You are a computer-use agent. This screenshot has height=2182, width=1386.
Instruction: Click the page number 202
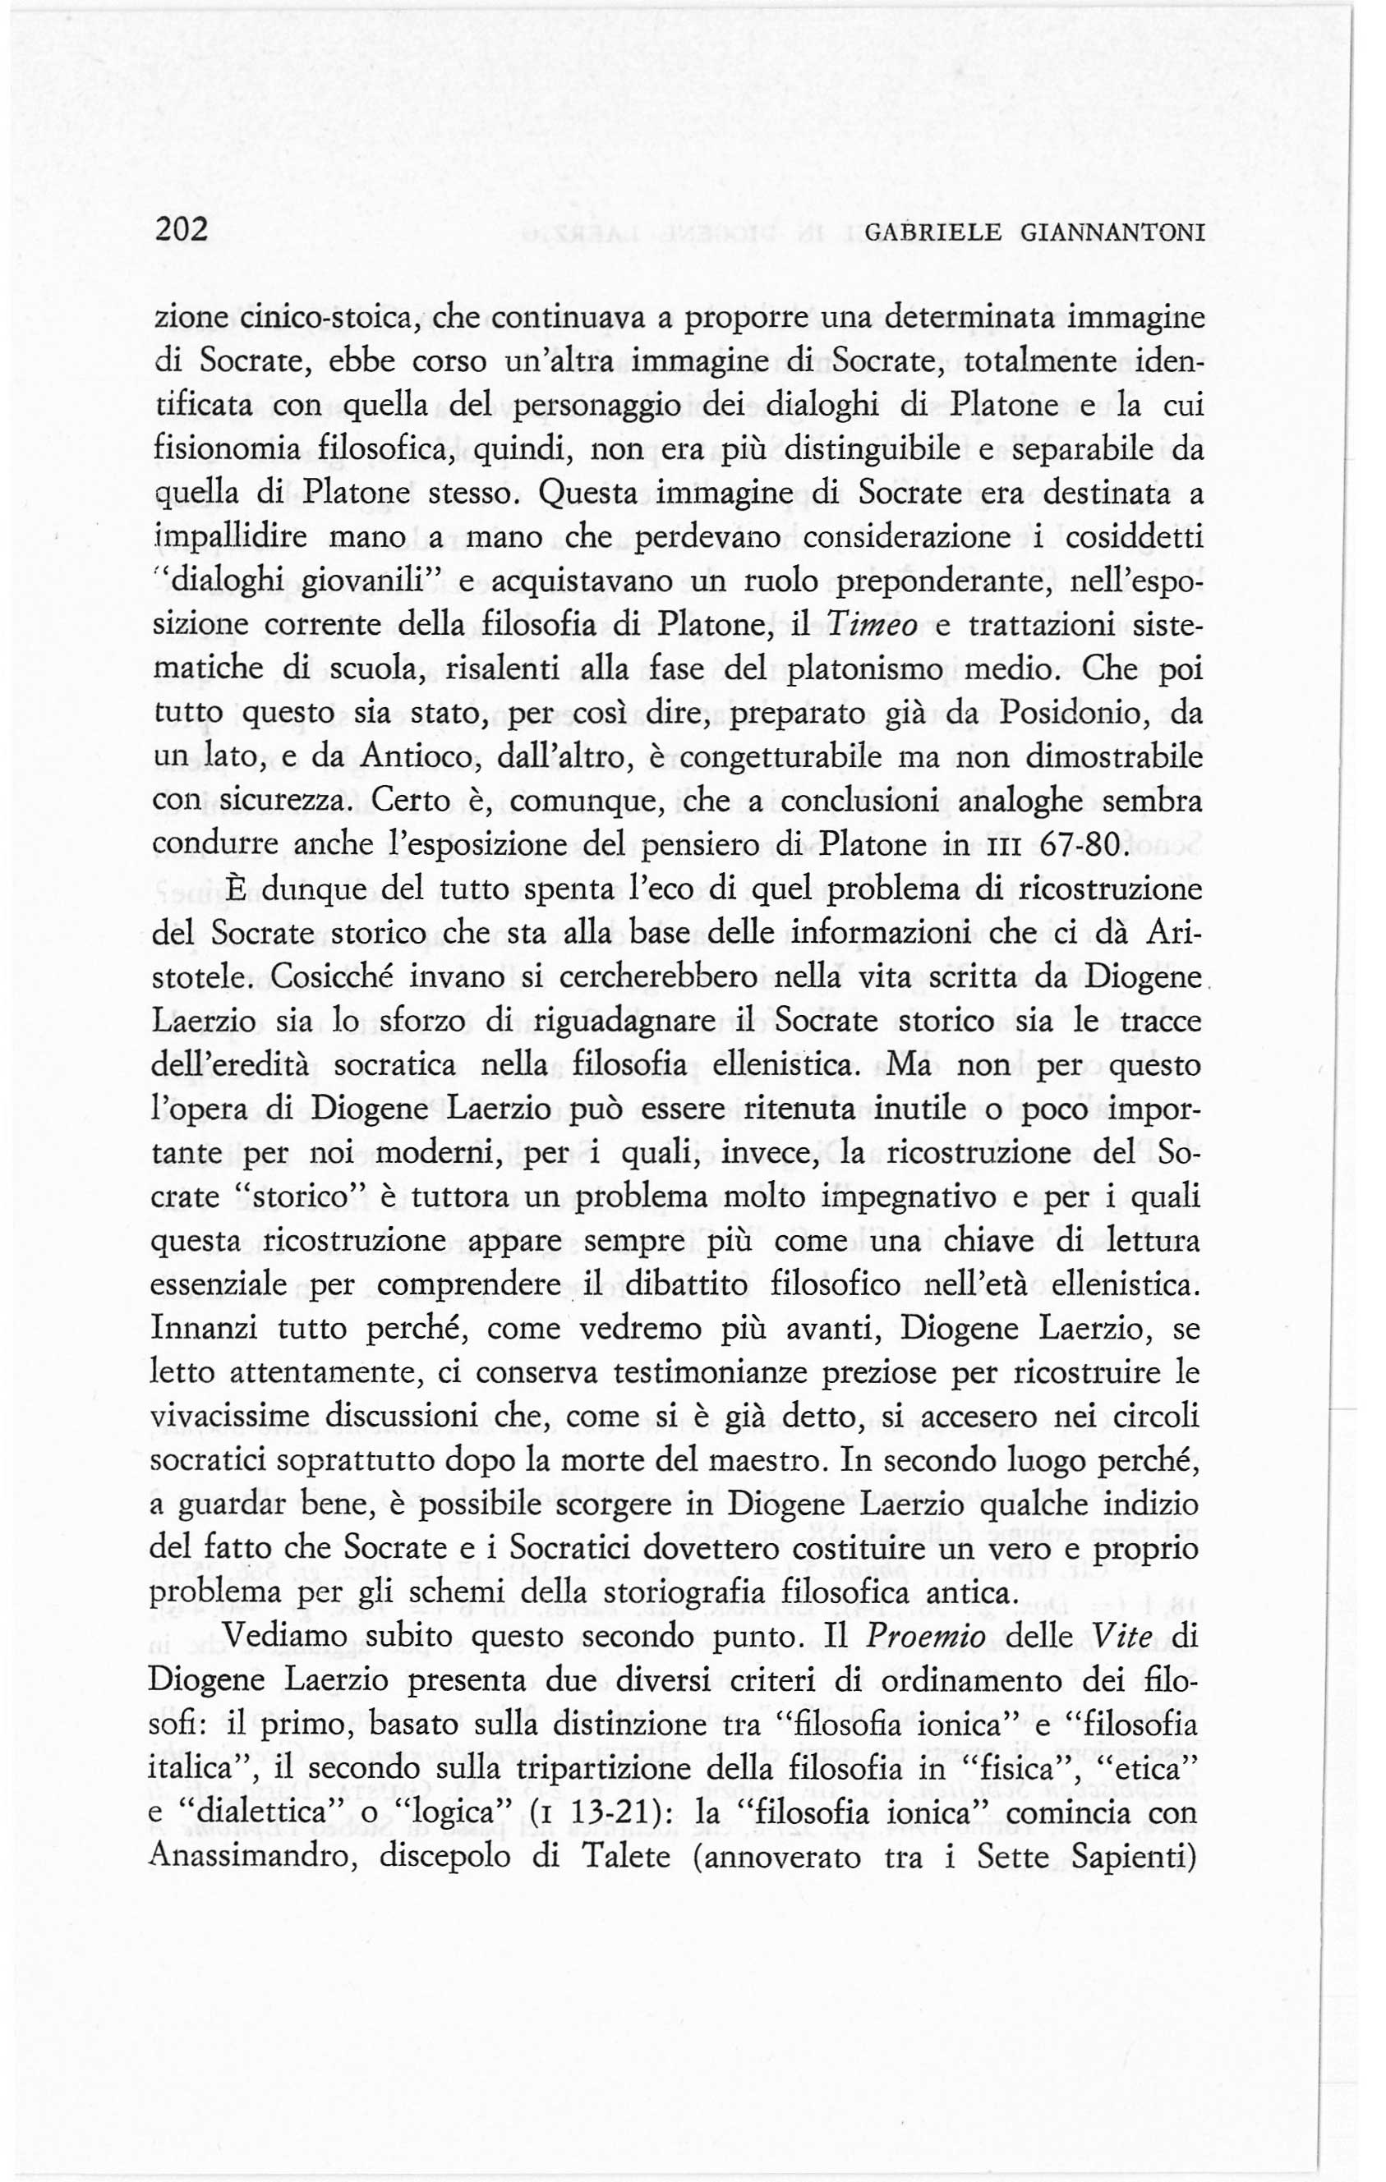point(182,228)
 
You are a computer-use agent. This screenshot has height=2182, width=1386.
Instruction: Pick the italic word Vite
point(1115,1638)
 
